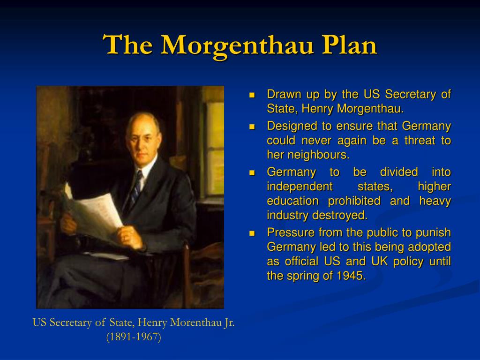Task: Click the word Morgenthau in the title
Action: coord(237,46)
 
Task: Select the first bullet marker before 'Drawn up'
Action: coord(252,95)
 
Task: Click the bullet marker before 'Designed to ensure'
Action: coord(252,127)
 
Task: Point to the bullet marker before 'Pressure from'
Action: coord(252,233)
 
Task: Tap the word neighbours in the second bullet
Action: coord(318,155)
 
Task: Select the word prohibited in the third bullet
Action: coord(354,201)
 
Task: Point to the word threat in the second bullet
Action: coord(420,140)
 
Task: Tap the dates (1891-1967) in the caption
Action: coord(134,337)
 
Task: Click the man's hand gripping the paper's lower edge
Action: coord(130,237)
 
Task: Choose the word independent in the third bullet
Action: coord(300,187)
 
